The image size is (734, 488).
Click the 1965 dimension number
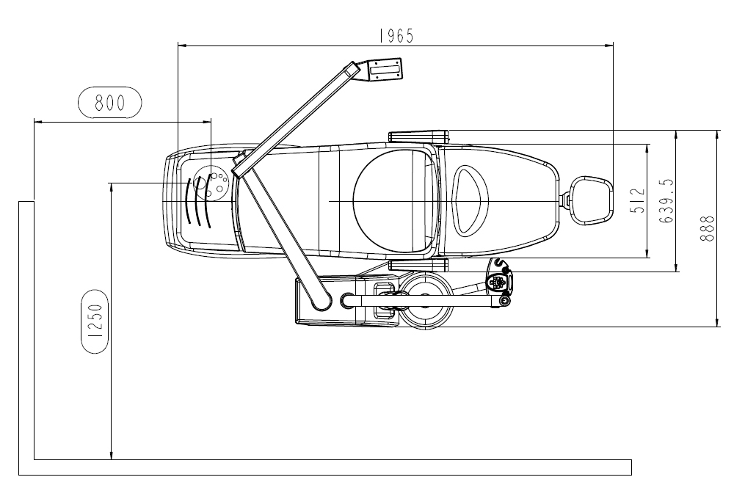pyautogui.click(x=396, y=36)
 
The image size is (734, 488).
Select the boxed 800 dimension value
pyautogui.click(x=109, y=102)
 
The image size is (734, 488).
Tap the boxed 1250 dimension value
pyautogui.click(x=95, y=321)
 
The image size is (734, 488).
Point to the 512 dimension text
pyautogui.click(x=638, y=201)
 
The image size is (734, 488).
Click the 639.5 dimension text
pyautogui.click(x=666, y=201)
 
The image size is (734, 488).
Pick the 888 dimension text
pyautogui.click(x=708, y=228)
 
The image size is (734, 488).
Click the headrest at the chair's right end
pyautogui.click(x=591, y=201)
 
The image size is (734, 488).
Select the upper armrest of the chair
pyautogui.click(x=418, y=136)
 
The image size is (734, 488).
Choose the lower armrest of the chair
pyautogui.click(x=418, y=266)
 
